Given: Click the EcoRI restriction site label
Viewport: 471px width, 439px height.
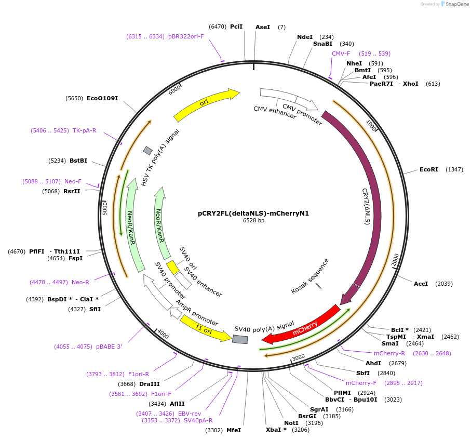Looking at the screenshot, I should coord(429,169).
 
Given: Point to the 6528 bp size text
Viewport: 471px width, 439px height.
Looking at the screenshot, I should coord(253,220).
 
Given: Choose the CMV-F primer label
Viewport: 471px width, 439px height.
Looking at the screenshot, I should coord(341,54).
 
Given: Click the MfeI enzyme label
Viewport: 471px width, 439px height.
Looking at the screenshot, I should coord(234,430).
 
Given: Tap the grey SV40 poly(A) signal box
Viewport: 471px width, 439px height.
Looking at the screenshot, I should coord(240,339).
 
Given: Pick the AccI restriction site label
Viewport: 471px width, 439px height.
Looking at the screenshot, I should coord(421,284).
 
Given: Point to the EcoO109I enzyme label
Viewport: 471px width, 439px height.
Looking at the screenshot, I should coord(102,98).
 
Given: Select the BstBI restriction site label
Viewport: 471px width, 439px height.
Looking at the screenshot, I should coord(78,161).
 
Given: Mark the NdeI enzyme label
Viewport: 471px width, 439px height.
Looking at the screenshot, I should coord(305,37).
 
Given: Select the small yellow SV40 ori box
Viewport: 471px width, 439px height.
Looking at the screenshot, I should coord(172,268).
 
